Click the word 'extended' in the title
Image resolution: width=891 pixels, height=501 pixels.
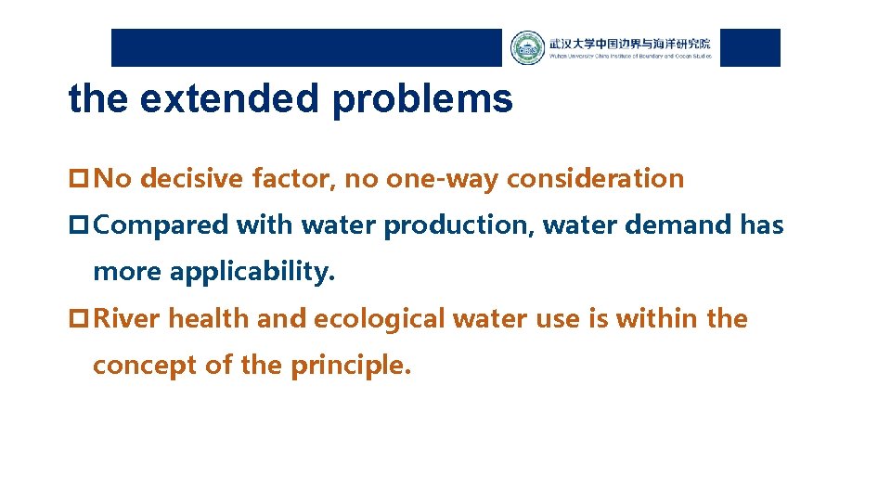pyautogui.click(x=227, y=98)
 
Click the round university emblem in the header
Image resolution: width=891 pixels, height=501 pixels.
pyautogui.click(x=527, y=48)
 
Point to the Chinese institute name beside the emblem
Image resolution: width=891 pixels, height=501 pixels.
pyautogui.click(x=629, y=44)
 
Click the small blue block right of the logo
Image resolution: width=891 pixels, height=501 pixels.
pyautogui.click(x=750, y=48)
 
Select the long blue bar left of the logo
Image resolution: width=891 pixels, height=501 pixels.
pyautogui.click(x=306, y=48)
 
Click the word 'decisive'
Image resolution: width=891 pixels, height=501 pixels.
pyautogui.click(x=192, y=178)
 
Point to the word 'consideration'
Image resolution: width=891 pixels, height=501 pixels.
pyautogui.click(x=595, y=178)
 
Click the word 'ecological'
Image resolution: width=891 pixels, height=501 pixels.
pyautogui.click(x=381, y=318)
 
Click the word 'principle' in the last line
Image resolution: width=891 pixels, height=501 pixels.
pyautogui.click(x=349, y=366)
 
